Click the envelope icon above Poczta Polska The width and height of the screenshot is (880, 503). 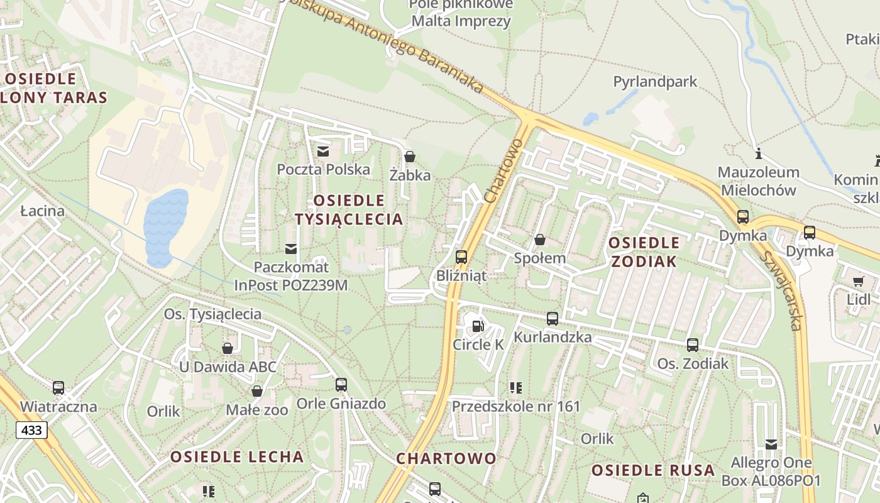coord(323,151)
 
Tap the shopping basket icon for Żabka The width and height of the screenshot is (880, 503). coord(410,156)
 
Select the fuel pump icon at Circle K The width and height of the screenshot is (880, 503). coord(478,326)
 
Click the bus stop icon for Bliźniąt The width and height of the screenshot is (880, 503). coord(461,257)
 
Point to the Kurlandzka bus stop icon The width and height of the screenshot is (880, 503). coord(553,319)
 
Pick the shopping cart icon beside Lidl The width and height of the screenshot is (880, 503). coord(859,281)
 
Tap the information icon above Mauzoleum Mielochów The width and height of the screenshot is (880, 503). coord(759,153)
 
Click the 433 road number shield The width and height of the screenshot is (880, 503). coord(31,430)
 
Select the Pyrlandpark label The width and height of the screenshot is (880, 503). coord(655,81)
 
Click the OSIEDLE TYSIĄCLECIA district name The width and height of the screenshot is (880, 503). coord(349,209)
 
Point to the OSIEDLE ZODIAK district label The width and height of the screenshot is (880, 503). coord(644,251)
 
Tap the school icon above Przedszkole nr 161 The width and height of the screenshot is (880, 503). coord(516,388)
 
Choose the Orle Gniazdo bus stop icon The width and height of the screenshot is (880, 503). coord(341,384)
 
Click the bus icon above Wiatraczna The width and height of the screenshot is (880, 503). coord(58,388)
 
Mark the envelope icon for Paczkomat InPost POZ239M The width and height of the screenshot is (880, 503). coord(290,248)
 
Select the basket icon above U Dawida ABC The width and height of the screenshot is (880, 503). coord(228,348)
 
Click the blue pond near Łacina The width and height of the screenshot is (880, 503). coord(166,228)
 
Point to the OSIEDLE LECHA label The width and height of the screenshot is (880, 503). coord(237,456)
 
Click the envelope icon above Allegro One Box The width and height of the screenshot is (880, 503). coord(771,445)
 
